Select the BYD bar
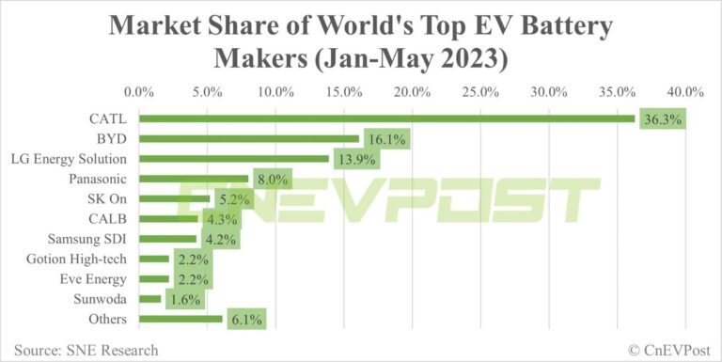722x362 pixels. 248,138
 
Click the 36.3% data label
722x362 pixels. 661,119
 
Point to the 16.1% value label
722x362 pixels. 385,139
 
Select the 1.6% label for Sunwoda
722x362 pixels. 182,300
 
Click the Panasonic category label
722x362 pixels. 101,179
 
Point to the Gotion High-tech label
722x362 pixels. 84,259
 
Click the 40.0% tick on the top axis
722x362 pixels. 684,92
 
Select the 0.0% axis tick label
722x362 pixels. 139,92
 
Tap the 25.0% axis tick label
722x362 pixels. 480,92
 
